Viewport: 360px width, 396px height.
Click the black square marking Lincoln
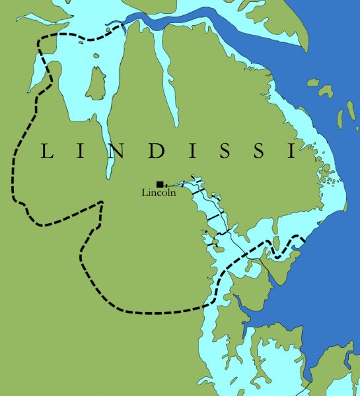(x=159, y=184)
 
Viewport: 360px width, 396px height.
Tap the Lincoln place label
(x=159, y=193)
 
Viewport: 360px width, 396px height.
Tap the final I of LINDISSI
(x=291, y=151)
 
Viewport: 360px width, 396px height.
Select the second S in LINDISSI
(x=259, y=151)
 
